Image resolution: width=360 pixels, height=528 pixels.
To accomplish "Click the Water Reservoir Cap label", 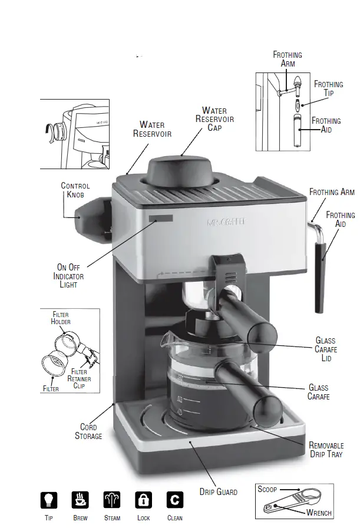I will pos(214,119).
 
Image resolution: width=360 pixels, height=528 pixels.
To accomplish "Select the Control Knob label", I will pos(75,190).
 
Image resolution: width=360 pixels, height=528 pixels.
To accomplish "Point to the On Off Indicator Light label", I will pos(68,276).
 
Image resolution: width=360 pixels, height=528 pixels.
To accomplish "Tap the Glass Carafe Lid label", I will pos(325,349).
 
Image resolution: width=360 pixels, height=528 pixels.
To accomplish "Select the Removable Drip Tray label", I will pos(325,450).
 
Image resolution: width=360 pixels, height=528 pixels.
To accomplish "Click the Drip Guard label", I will pos(218,491).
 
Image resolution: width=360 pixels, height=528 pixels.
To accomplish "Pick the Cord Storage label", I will pos(88,431).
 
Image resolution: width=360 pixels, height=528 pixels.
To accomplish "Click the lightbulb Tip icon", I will pos(49,500).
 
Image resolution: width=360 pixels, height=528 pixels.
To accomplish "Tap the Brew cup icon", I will pos(80,500).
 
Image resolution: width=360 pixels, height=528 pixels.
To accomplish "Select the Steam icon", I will pos(112,500).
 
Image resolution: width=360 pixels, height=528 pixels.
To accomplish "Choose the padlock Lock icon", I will pos(143,500).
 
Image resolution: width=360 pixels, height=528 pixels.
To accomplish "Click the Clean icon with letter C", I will pos(175,500).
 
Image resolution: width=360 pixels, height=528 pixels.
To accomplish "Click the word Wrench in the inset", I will pos(318,513).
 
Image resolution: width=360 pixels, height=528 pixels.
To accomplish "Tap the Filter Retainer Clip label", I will pos(80,379).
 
